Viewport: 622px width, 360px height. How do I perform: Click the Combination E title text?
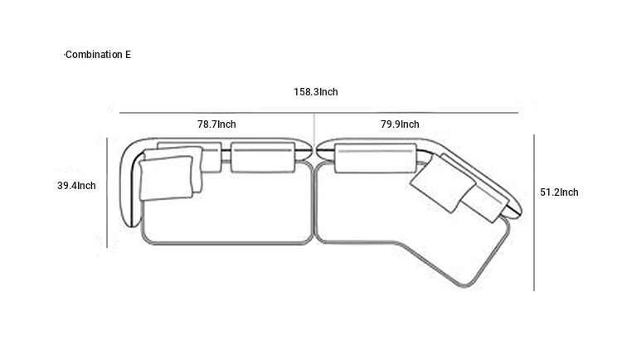[98, 55]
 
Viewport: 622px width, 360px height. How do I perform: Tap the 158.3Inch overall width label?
[316, 92]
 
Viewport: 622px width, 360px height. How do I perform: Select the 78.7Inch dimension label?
[216, 124]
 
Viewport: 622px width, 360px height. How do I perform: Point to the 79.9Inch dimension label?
[400, 124]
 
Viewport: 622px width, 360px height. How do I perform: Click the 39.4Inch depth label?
[76, 185]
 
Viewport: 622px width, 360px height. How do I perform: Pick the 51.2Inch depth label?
[559, 192]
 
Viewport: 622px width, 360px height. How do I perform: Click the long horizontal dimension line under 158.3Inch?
[319, 113]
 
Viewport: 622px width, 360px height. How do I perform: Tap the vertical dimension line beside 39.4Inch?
[107, 192]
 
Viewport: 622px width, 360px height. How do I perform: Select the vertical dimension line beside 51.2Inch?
[534, 212]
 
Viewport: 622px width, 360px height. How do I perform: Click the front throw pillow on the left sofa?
[166, 178]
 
